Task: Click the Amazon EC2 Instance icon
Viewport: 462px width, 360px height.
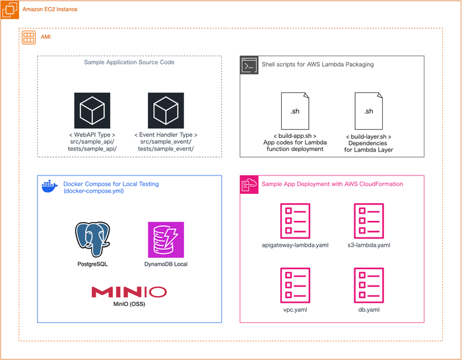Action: click(9, 9)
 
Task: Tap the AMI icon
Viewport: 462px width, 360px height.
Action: click(28, 37)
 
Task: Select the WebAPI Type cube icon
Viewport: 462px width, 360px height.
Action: click(92, 110)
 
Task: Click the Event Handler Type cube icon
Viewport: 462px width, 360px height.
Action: click(165, 110)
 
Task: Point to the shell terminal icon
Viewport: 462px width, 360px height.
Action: click(248, 65)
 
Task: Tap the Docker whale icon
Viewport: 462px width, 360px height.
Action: click(49, 187)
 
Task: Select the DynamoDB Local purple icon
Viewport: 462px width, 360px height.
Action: click(166, 239)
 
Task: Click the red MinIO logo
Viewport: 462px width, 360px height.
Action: click(129, 291)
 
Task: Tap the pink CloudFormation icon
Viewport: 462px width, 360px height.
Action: click(249, 184)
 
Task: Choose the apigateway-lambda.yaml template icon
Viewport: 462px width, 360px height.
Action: click(295, 221)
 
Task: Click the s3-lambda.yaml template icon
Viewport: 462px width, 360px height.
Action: click(368, 221)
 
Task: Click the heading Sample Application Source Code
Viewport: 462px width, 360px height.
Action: click(129, 63)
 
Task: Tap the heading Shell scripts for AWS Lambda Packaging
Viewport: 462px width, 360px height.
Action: click(317, 65)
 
